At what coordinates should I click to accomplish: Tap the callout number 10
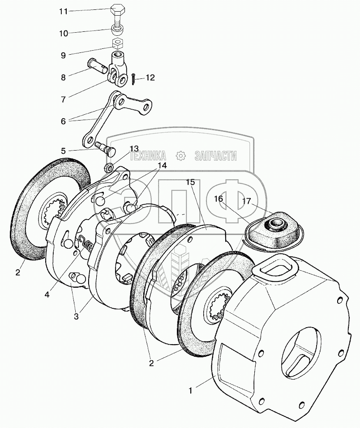(64, 34)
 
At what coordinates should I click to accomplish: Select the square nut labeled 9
(118, 43)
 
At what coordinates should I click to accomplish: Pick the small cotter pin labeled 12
(133, 79)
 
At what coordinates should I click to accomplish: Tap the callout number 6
(63, 121)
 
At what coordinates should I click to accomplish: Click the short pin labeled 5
(106, 147)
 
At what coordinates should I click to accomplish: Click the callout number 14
(162, 165)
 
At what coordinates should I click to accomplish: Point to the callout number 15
(191, 182)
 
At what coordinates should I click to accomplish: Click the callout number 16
(219, 199)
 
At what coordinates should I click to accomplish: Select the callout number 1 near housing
(191, 391)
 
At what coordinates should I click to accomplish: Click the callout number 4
(47, 294)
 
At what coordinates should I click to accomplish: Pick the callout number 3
(76, 316)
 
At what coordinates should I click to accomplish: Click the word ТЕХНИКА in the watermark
(148, 156)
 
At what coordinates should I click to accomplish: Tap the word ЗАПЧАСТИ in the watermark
(216, 156)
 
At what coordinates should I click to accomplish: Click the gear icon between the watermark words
(180, 156)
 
